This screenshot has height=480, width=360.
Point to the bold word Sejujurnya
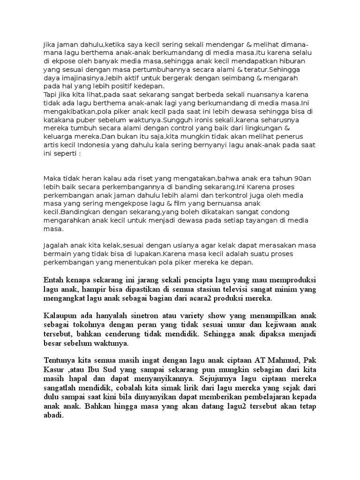click(219, 378)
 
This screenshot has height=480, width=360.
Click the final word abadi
click(53, 414)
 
